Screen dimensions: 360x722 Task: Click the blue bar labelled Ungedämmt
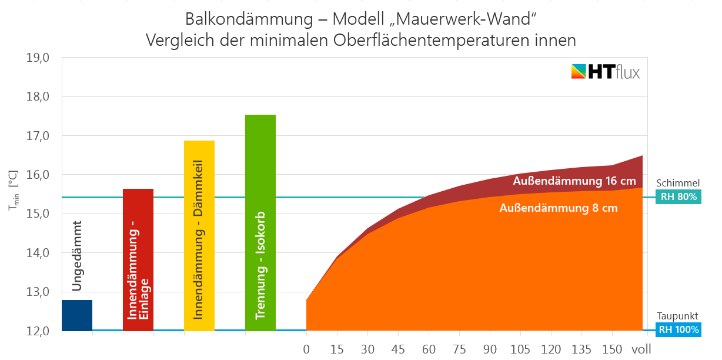click(x=77, y=315)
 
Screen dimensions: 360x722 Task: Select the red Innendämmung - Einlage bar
click(x=138, y=259)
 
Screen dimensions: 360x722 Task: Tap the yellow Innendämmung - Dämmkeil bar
click(x=199, y=235)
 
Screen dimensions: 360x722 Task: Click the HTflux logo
click(x=605, y=72)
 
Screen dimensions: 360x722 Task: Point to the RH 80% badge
click(x=678, y=197)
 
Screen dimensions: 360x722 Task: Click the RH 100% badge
click(x=678, y=330)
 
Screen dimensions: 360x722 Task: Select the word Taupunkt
click(x=677, y=316)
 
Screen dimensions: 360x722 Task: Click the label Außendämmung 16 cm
click(x=574, y=181)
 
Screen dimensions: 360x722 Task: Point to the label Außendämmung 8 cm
click(x=558, y=208)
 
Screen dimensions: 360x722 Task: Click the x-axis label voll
click(x=641, y=349)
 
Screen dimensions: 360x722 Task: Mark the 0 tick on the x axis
click(x=306, y=349)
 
